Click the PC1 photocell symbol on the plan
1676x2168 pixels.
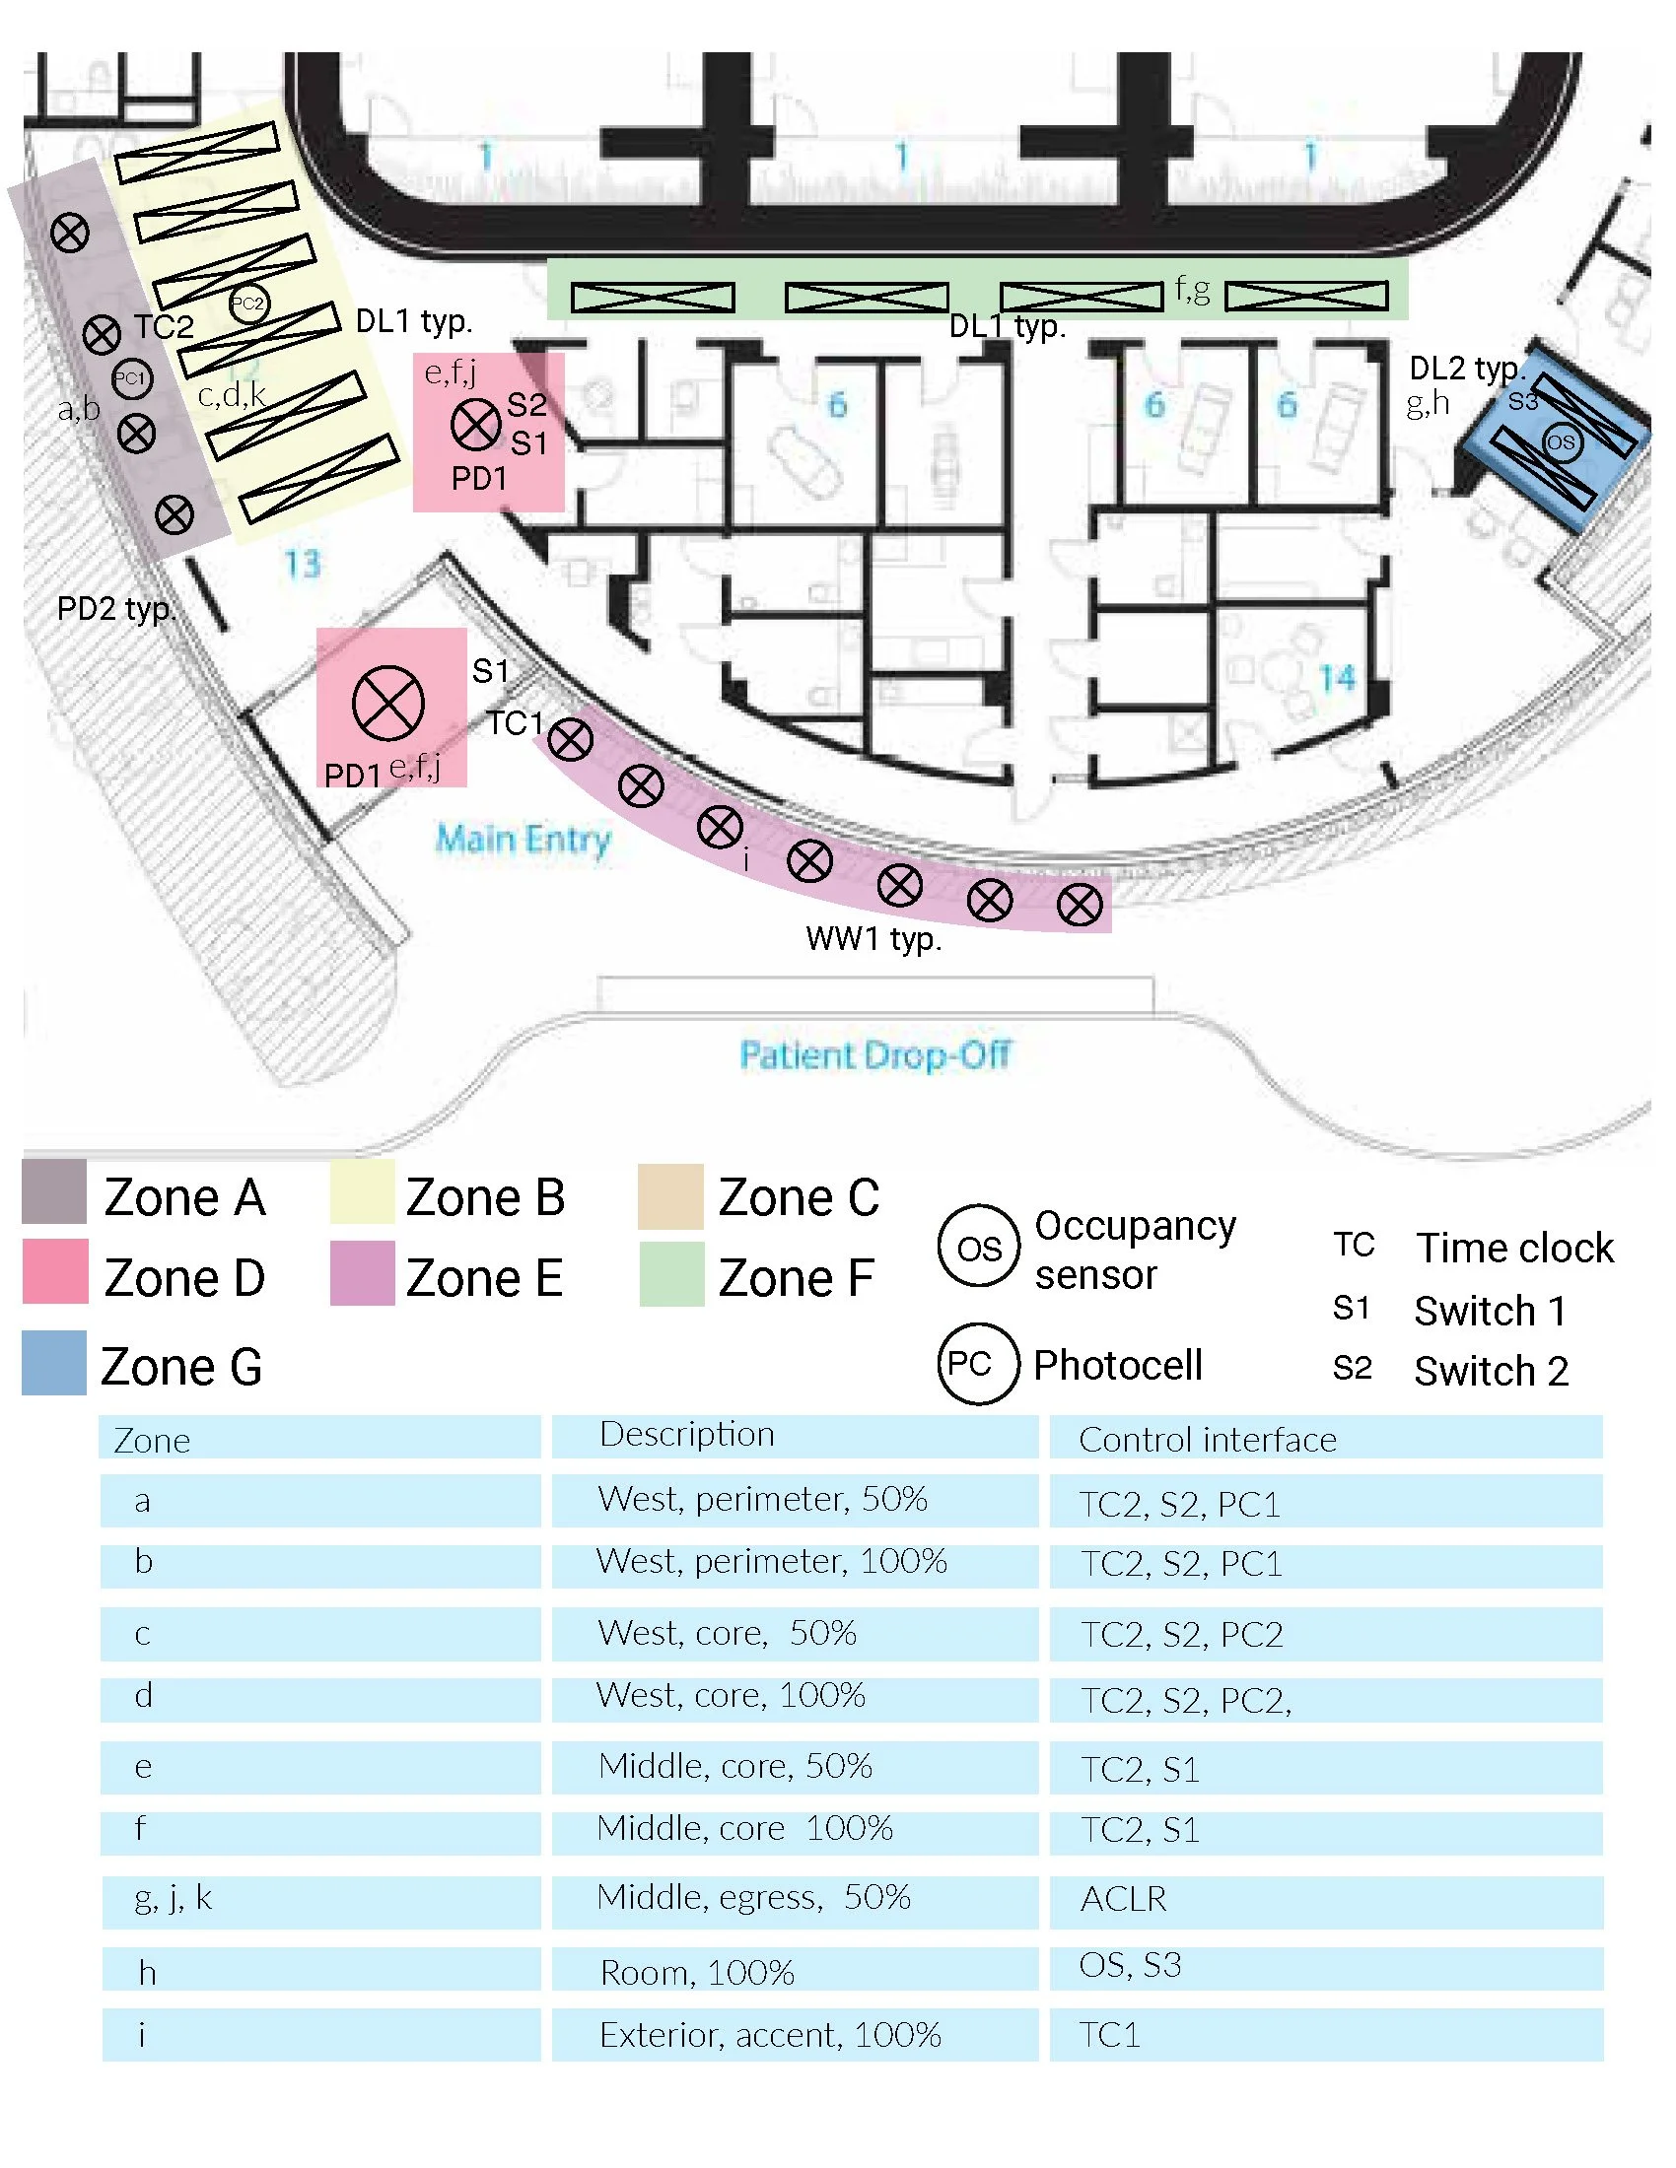pyautogui.click(x=130, y=378)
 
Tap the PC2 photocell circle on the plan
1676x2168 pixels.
pyautogui.click(x=248, y=304)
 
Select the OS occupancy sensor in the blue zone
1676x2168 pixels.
pyautogui.click(x=1560, y=441)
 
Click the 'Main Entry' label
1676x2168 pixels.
pyautogui.click(x=524, y=840)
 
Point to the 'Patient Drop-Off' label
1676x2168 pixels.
pyautogui.click(x=874, y=1054)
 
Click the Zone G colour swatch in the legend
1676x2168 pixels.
pyautogui.click(x=54, y=1363)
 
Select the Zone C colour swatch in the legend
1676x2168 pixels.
pyautogui.click(x=671, y=1196)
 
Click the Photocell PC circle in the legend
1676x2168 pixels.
pyautogui.click(x=978, y=1364)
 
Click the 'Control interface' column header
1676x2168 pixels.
pyautogui.click(x=1208, y=1440)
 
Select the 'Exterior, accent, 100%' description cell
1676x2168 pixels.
pyautogui.click(x=771, y=2035)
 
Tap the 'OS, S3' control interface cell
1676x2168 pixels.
pyautogui.click(x=1130, y=1964)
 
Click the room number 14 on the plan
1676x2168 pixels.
pyautogui.click(x=1337, y=678)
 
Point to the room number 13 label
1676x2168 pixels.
pyautogui.click(x=303, y=564)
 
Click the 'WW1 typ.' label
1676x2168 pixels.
pyautogui.click(x=873, y=939)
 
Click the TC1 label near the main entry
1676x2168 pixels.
pyautogui.click(x=516, y=723)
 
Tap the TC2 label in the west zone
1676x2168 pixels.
pyautogui.click(x=164, y=326)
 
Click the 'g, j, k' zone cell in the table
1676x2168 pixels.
pyautogui.click(x=174, y=1898)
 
